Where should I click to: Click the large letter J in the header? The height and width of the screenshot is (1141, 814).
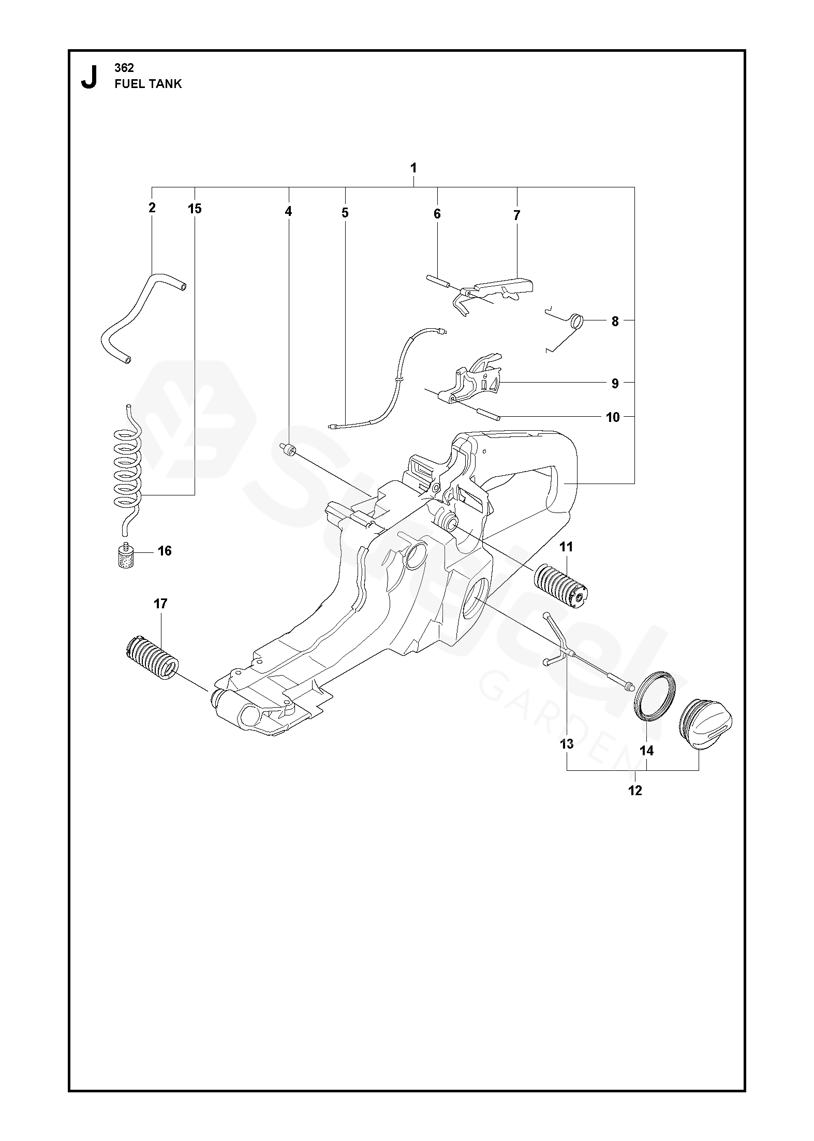pyautogui.click(x=89, y=76)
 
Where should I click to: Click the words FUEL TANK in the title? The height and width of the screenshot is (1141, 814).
pyautogui.click(x=148, y=84)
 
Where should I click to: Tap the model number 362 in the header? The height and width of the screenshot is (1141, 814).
pyautogui.click(x=124, y=68)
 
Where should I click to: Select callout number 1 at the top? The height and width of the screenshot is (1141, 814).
pyautogui.click(x=413, y=168)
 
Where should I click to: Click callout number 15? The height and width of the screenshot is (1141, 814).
pyautogui.click(x=195, y=209)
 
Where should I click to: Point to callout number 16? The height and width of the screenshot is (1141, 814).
pyautogui.click(x=165, y=551)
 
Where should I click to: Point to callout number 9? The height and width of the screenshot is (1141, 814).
pyautogui.click(x=615, y=384)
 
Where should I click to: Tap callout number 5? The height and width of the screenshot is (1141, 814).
pyautogui.click(x=345, y=213)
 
